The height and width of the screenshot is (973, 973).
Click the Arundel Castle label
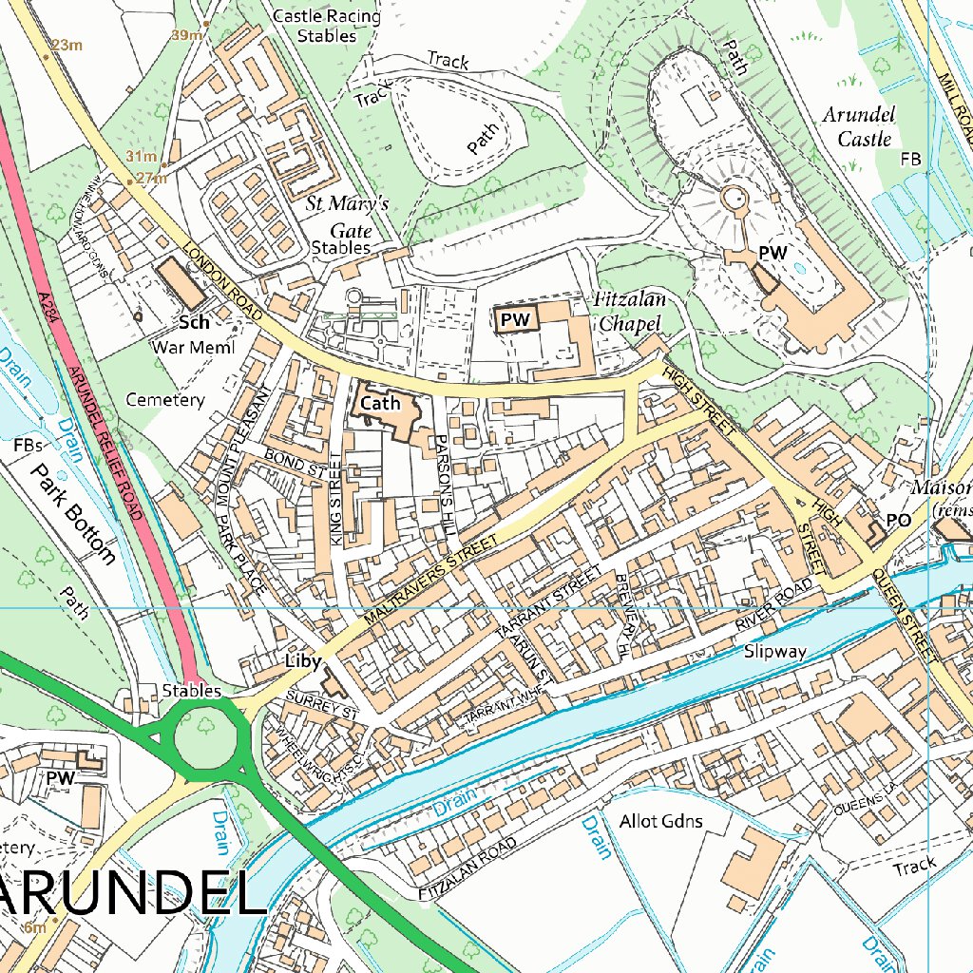point(858,127)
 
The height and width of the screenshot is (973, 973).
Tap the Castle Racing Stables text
point(326,26)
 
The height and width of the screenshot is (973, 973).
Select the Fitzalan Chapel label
point(629,312)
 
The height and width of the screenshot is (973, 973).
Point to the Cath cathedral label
point(379,403)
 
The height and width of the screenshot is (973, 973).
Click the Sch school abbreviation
point(194,322)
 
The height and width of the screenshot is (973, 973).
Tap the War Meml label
point(193,347)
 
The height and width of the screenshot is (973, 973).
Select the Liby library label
point(303,660)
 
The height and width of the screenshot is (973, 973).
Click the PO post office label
point(898,520)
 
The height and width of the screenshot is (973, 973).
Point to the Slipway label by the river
point(775,652)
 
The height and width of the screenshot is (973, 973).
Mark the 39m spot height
point(187,35)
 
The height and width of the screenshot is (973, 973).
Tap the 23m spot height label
point(67,45)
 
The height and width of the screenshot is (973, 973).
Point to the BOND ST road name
point(296,466)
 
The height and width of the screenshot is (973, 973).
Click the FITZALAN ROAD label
point(468,869)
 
